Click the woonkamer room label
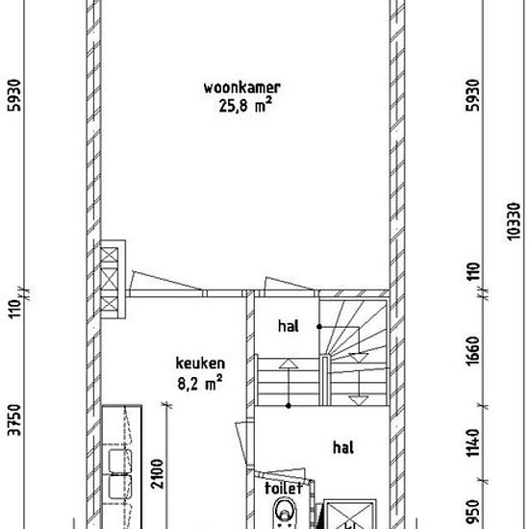[x=241, y=88]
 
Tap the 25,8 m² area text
[x=245, y=105]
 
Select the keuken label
[x=200, y=364]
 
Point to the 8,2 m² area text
[x=200, y=383]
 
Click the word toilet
[x=284, y=489]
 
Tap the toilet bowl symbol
[x=285, y=513]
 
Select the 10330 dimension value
[x=514, y=221]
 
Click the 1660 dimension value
[x=473, y=351]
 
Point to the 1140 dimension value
[x=473, y=442]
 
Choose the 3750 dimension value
[x=14, y=420]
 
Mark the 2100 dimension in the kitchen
[x=157, y=473]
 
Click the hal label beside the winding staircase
[x=289, y=326]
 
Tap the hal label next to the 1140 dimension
[x=343, y=447]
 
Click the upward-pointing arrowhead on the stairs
[x=289, y=364]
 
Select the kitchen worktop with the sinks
[x=122, y=466]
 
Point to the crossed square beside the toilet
[x=350, y=515]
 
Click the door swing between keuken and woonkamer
[x=165, y=281]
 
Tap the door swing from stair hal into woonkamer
[x=290, y=284]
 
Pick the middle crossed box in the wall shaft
[x=110, y=280]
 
